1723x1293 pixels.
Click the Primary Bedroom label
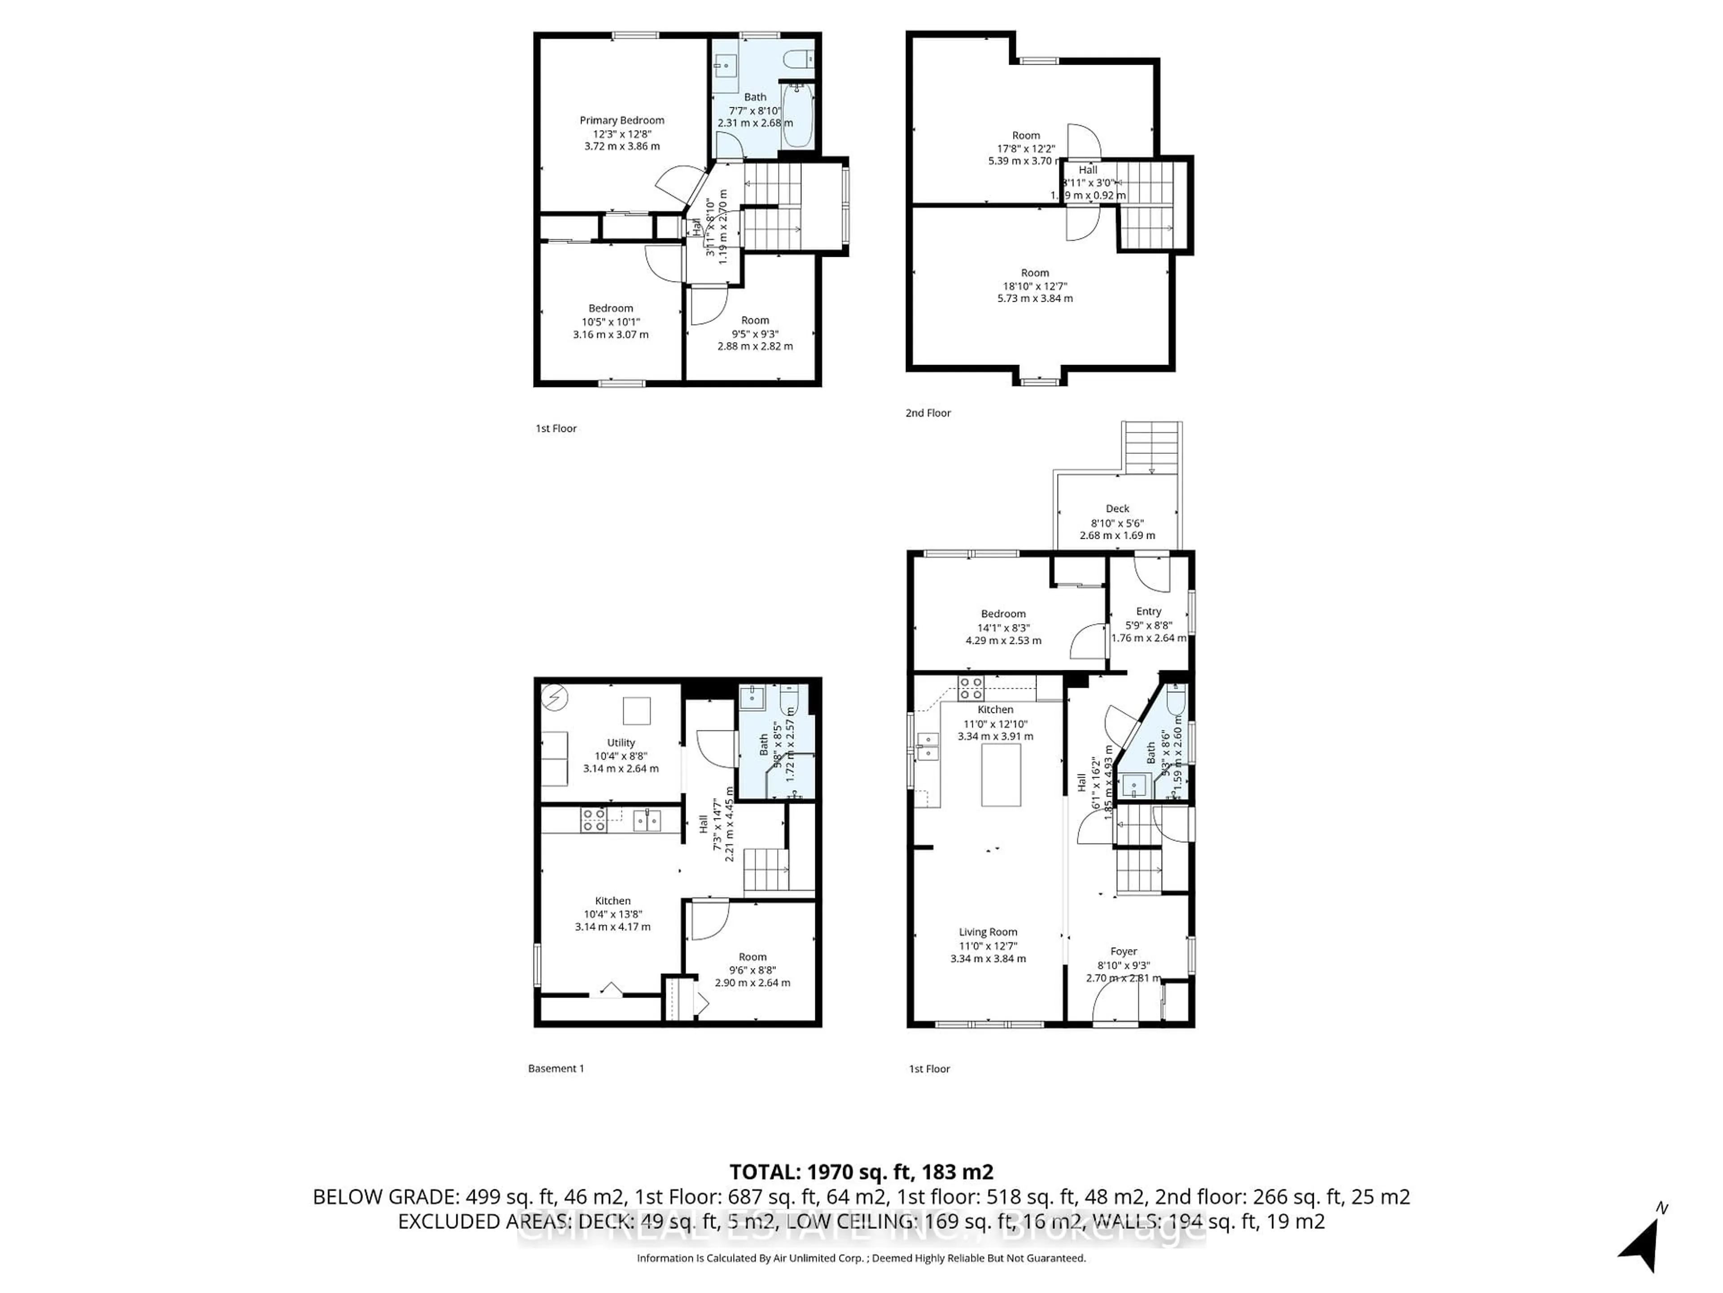(621, 120)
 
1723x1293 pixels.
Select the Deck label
(1117, 508)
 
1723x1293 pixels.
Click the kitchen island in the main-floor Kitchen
(1000, 775)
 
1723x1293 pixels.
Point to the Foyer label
(1123, 952)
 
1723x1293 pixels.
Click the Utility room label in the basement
(621, 743)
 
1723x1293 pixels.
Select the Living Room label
(988, 932)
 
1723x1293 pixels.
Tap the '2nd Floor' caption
(928, 413)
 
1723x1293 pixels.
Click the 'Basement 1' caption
(555, 1069)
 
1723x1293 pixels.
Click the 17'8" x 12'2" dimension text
(1025, 148)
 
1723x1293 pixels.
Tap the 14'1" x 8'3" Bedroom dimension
(1003, 627)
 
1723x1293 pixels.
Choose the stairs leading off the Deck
(1151, 448)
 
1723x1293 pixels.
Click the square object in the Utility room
(636, 711)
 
